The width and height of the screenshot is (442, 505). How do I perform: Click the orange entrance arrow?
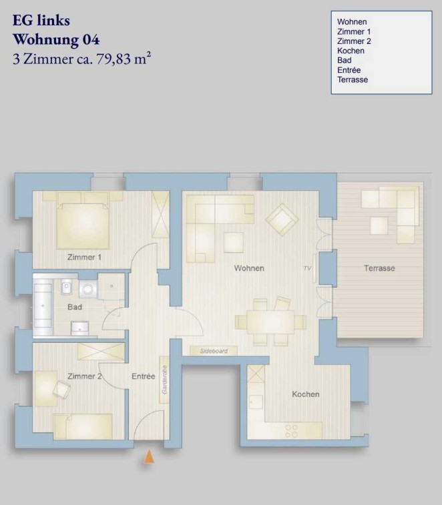click(149, 457)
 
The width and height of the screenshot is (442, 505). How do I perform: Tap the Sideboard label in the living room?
click(214, 351)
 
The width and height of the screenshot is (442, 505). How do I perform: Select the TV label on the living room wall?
click(307, 268)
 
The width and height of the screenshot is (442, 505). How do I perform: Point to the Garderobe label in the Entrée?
click(164, 380)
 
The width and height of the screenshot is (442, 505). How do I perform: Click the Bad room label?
click(75, 307)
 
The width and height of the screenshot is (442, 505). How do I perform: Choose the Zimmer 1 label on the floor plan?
click(84, 257)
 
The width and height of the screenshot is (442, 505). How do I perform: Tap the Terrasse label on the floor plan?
click(379, 268)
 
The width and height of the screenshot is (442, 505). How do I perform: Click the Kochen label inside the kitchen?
click(306, 394)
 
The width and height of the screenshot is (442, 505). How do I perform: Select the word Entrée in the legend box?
click(349, 70)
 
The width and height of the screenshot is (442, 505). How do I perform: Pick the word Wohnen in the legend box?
click(352, 21)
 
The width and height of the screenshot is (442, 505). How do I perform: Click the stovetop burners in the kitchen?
click(292, 431)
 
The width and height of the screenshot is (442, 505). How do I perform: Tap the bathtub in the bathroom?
click(43, 306)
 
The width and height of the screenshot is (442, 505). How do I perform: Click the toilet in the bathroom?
click(66, 286)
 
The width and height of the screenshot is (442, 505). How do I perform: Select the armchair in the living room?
click(282, 219)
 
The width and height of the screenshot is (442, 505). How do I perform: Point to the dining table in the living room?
click(270, 322)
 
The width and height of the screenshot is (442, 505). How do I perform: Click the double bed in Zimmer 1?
click(83, 225)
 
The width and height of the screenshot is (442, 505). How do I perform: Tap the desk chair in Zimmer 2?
click(62, 390)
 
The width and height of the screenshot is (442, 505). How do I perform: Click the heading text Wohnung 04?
click(56, 39)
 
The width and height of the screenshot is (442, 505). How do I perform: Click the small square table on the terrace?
click(379, 225)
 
